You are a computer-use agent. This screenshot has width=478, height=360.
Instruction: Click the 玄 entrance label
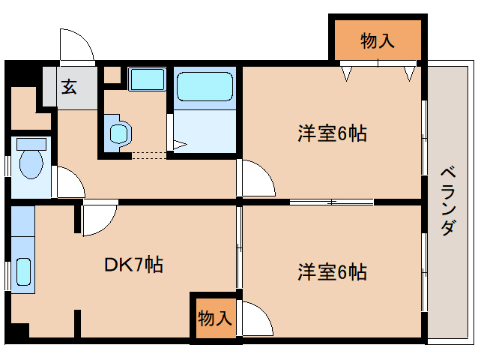tap(69, 87)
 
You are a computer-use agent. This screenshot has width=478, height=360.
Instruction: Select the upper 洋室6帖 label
tap(332, 134)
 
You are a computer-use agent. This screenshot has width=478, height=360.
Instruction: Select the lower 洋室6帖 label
tap(332, 271)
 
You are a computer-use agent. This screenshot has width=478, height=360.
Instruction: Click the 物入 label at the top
tap(377, 41)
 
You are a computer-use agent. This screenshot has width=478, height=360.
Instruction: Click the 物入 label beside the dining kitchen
tap(214, 318)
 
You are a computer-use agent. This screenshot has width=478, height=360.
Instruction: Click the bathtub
tap(205, 87)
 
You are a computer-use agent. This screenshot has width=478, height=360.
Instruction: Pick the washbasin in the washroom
tap(118, 133)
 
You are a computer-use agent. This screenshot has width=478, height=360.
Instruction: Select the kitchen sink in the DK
tap(22, 273)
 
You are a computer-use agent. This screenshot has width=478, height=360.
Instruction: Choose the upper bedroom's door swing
tap(257, 180)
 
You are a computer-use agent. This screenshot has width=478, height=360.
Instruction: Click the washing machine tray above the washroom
tap(147, 79)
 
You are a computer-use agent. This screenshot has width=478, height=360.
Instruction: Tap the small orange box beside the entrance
tap(112, 75)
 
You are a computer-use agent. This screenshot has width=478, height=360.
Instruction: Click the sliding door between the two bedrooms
tap(331, 202)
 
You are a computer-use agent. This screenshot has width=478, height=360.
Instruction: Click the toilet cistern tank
tap(31, 143)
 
